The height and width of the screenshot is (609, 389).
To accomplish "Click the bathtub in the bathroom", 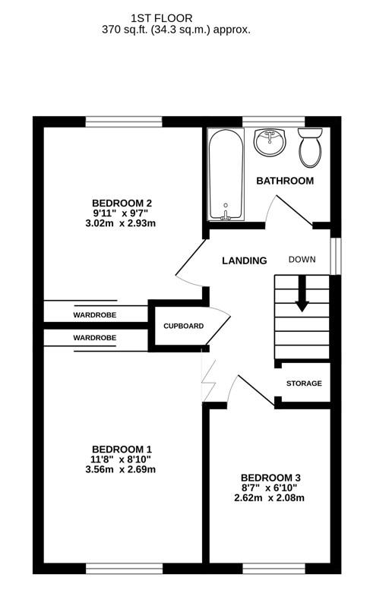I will point(226,174).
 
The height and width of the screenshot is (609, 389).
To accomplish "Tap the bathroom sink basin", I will point(268,142).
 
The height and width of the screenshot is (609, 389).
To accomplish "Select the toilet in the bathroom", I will point(310,147).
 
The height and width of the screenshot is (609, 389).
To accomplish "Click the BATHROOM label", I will point(285,181).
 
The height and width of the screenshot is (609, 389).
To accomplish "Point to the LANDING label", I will point(244,260).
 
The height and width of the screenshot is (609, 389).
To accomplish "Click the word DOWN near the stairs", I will point(302,260).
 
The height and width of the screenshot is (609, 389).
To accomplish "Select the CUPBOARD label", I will point(184,326).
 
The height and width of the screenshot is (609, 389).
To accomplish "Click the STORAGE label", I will point(304,383).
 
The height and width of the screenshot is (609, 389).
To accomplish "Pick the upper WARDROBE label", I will point(95,314).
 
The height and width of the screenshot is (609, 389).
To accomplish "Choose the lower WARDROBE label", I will point(95,337).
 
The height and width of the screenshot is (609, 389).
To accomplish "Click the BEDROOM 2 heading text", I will point(122,203).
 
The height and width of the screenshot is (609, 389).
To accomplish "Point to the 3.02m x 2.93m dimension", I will point(122,223).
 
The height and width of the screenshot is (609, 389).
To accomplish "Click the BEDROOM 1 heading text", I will point(122,448).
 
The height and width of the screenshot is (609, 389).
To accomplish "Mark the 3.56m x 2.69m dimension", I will point(122,469).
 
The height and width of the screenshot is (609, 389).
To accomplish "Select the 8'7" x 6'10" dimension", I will point(270,488).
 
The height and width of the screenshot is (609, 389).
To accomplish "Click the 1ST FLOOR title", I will point(162,17).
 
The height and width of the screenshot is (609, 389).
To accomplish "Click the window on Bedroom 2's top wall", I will point(123,121).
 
